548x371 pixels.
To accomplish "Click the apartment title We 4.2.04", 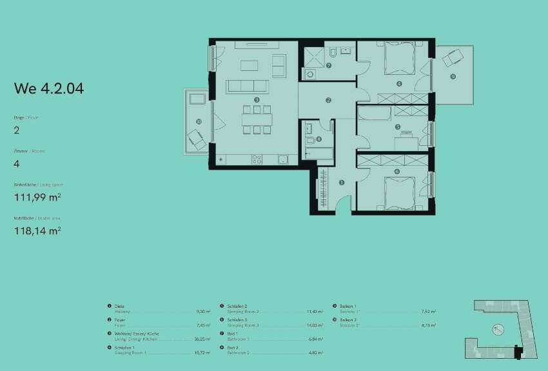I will pos(49,89).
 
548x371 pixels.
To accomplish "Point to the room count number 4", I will pos(17,164).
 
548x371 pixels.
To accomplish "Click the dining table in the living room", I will pos(257,119).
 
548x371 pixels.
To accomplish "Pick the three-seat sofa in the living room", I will pos(247,86).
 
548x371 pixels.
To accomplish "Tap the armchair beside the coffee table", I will pos(279,65).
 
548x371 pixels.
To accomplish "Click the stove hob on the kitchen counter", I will pos(257,159).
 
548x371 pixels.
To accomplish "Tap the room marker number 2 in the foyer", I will pos(328,101).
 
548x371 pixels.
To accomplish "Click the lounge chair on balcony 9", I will pos(453,58).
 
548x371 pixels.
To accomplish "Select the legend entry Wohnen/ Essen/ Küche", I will pos(132,334).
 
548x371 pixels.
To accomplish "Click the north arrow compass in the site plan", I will pos(498,329).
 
